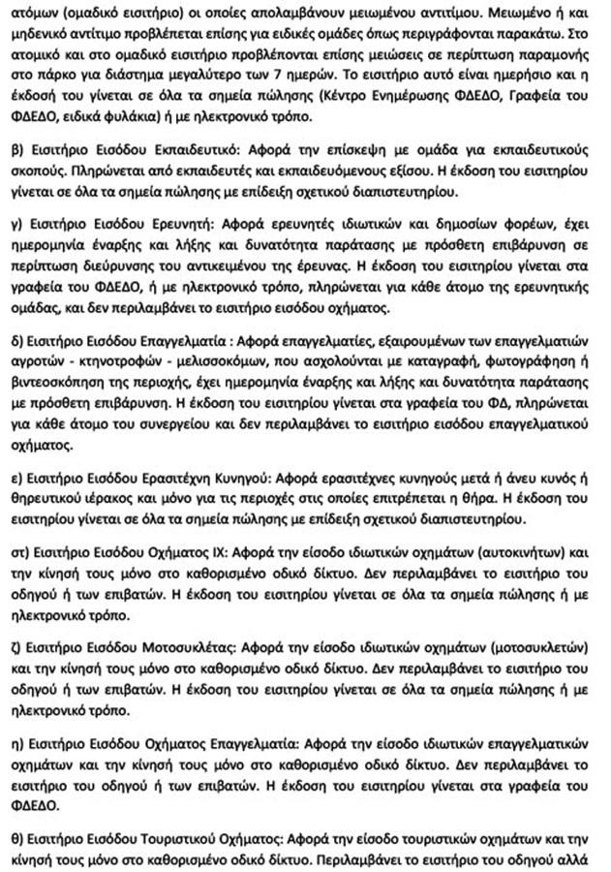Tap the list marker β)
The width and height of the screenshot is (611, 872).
pos(14,153)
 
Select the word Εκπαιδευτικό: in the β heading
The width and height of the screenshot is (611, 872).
pos(198,153)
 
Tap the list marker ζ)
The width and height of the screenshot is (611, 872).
pos(14,644)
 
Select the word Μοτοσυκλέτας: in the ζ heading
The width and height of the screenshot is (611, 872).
pos(188,644)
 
